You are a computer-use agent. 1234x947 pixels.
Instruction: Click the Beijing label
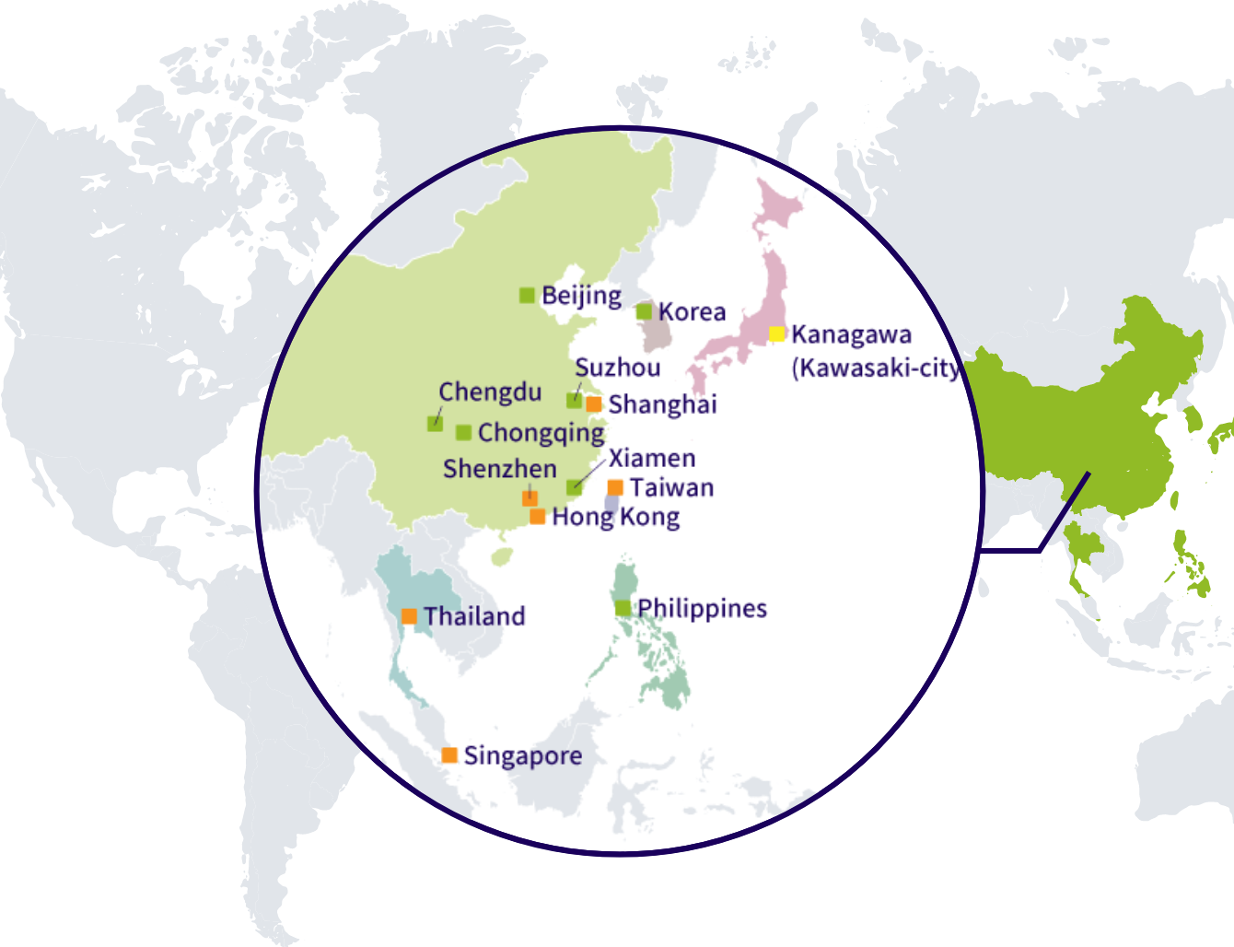tap(581, 296)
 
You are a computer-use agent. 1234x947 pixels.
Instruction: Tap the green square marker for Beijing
tap(527, 295)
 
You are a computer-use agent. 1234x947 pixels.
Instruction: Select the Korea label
tap(692, 312)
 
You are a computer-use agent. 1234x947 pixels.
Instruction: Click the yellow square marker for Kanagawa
tap(777, 333)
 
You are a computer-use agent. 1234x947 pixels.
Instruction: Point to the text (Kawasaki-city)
tap(875, 368)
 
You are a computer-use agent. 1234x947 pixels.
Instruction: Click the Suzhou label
tap(618, 368)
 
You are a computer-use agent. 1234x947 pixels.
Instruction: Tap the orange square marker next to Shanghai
tap(594, 404)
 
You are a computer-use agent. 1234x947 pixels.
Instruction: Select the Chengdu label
tap(490, 392)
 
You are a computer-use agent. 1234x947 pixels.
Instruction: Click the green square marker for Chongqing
tap(463, 432)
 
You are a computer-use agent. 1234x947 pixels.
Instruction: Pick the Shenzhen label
tap(500, 469)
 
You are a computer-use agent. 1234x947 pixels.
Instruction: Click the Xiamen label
tap(652, 458)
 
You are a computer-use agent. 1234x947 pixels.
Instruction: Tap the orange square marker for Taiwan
tap(615, 487)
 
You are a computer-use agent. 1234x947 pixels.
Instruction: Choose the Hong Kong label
tap(616, 517)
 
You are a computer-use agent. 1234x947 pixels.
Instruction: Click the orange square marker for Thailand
tap(409, 616)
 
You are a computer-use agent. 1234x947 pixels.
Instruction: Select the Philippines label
tap(702, 608)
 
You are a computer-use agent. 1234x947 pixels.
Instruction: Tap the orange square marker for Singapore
tap(449, 755)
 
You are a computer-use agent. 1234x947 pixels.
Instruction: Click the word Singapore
tap(523, 756)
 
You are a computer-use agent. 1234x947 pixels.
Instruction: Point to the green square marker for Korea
tap(644, 311)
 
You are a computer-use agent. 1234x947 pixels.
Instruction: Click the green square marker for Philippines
tap(623, 608)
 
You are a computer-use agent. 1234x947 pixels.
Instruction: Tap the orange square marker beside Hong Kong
tap(537, 517)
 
